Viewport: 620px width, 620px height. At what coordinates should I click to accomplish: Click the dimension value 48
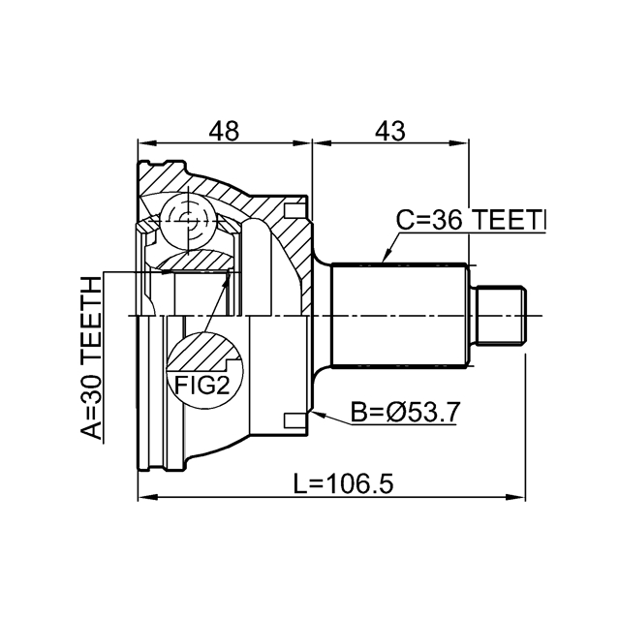coord(226,130)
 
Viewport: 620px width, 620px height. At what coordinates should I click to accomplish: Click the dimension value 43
coord(389,130)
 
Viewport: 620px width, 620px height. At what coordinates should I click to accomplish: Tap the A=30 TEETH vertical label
coord(90,358)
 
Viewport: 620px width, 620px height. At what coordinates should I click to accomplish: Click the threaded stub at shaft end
coord(502,316)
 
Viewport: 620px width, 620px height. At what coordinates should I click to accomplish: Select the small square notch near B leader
coord(289,419)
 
